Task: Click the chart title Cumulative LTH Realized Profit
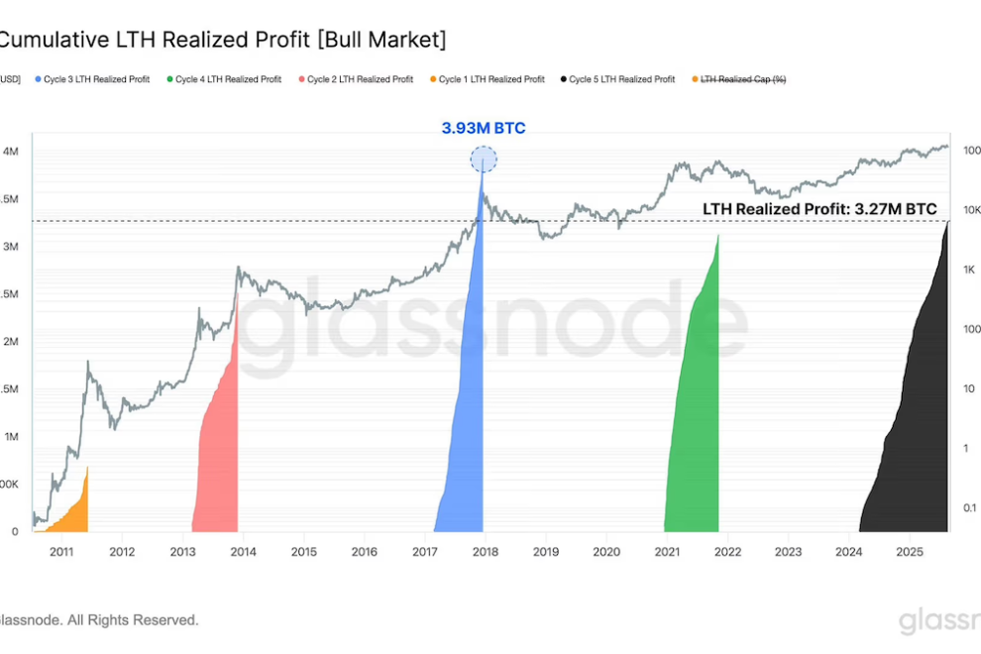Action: tap(223, 40)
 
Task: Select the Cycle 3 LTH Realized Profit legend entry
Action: tap(96, 79)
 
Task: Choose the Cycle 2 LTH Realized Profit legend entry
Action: tap(360, 79)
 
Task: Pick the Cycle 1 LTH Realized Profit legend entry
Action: tap(490, 79)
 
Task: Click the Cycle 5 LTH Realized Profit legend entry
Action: tap(622, 79)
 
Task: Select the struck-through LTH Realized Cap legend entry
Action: tap(743, 79)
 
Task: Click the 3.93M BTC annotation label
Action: tap(484, 128)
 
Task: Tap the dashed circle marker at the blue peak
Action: tap(484, 159)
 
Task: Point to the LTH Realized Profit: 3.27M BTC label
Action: tap(818, 210)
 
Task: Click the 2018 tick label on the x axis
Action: tap(486, 551)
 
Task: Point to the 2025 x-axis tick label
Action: tap(910, 551)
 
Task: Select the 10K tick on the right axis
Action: tap(971, 210)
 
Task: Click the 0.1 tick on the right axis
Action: tap(970, 507)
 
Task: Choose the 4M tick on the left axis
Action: tap(11, 152)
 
